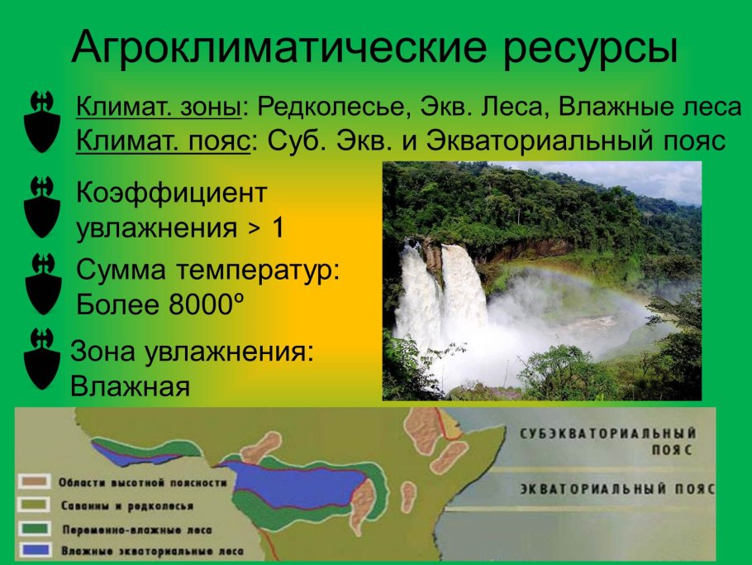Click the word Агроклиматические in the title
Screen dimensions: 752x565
tap(279, 48)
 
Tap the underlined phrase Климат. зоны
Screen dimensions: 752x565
tap(159, 107)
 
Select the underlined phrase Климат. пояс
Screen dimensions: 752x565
tap(163, 141)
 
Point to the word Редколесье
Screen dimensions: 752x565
tap(331, 107)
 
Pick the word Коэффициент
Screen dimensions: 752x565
tap(171, 193)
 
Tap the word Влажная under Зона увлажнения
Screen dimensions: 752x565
tap(130, 386)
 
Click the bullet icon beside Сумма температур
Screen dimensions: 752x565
tap(43, 284)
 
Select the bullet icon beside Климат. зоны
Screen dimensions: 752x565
tap(42, 122)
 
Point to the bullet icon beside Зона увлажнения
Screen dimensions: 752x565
tap(42, 358)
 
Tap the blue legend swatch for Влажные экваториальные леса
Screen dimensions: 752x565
tap(34, 549)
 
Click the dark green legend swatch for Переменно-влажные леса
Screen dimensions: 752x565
tap(34, 528)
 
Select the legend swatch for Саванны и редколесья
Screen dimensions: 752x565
tap(34, 504)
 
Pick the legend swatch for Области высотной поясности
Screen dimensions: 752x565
tap(34, 481)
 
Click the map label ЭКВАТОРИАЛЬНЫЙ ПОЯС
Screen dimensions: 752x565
tap(618, 489)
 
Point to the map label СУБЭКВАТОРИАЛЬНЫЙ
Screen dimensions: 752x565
tap(608, 433)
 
